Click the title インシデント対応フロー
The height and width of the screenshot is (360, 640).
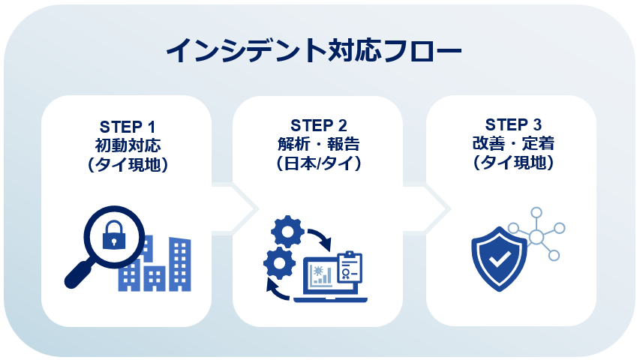314,52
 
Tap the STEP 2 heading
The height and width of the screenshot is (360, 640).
318,124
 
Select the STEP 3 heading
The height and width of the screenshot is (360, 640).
513,124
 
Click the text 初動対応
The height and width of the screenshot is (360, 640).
128,144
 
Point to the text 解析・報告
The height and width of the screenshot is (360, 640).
318,143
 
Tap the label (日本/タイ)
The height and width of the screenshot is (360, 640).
318,163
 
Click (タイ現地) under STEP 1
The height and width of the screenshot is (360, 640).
127,163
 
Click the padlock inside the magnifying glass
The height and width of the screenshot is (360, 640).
115,235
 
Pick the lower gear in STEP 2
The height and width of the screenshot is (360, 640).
278,263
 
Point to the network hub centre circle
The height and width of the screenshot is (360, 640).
536,238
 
